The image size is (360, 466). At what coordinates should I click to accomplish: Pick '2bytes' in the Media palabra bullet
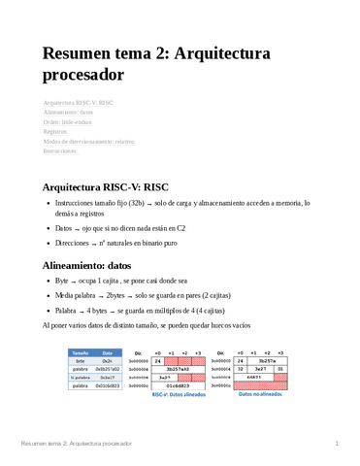(117, 295)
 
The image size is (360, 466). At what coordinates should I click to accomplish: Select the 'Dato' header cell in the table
(109, 352)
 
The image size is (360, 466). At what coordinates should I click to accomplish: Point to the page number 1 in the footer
(336, 443)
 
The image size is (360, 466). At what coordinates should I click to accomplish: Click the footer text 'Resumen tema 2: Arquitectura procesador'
(77, 443)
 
